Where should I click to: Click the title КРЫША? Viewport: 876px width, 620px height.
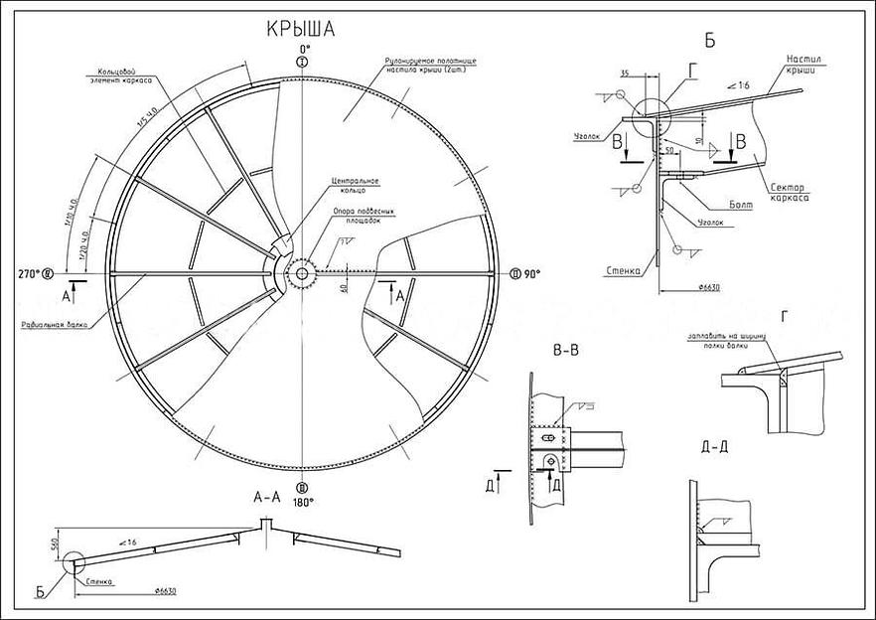(301, 30)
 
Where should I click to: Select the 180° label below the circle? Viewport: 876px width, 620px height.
(303, 502)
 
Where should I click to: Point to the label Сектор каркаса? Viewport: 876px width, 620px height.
(787, 192)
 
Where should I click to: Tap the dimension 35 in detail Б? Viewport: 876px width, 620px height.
(623, 74)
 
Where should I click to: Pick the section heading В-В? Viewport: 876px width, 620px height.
(566, 350)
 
